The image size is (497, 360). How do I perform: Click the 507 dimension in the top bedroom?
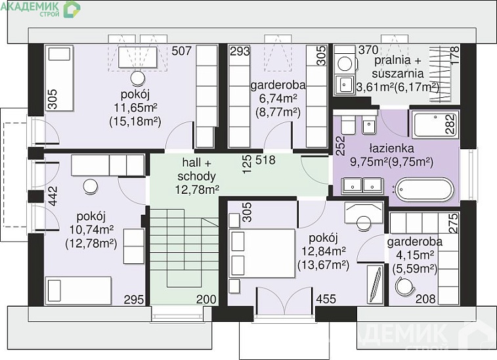pos(182,51)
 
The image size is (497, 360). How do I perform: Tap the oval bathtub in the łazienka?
pos(423,190)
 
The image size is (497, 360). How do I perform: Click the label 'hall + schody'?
pos(196,169)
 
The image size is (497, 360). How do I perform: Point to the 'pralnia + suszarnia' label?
pos(398,66)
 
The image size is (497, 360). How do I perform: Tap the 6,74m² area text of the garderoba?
pos(278,99)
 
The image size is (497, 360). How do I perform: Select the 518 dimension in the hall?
pos(265,160)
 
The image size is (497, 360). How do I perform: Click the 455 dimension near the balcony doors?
pos(326,299)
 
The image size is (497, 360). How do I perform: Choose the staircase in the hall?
pos(184,248)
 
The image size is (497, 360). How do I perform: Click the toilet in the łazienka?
pos(349,124)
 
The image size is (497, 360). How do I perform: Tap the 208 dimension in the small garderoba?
pos(425,299)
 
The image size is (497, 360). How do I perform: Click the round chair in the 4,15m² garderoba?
pos(405,286)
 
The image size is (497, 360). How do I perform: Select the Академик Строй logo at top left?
pos(41,9)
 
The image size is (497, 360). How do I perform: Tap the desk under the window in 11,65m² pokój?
pos(138,57)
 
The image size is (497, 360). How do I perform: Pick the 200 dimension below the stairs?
pos(206,299)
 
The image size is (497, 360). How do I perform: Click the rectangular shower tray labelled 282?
pos(435,124)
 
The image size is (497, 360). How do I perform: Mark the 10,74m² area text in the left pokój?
pos(91,231)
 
